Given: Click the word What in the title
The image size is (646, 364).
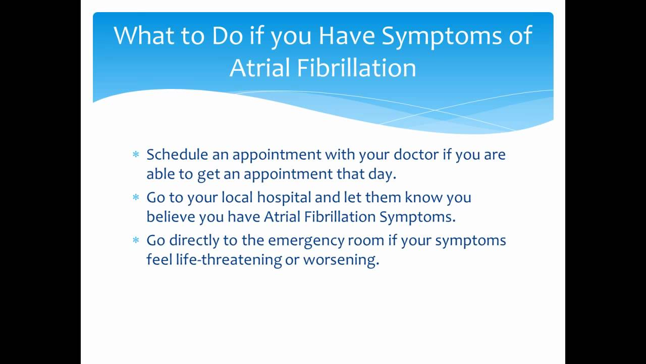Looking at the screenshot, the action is click(144, 35).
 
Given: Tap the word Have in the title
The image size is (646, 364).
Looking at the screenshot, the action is click(346, 35).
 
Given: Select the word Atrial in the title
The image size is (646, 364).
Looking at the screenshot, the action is click(259, 68).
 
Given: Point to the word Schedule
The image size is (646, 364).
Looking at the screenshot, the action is click(177, 154).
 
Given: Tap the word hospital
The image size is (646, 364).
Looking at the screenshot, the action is click(284, 198).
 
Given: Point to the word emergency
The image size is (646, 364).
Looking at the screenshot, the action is click(306, 241).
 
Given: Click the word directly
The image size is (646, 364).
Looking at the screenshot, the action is click(194, 240).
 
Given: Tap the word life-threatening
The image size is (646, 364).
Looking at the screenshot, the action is click(229, 259).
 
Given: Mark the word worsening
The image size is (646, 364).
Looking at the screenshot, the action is click(341, 260).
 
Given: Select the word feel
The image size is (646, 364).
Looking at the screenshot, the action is click(159, 259).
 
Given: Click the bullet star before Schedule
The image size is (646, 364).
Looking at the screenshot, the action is click(136, 154).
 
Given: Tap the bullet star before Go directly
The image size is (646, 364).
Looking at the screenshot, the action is click(136, 240).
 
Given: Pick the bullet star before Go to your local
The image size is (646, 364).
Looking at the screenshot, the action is click(136, 197).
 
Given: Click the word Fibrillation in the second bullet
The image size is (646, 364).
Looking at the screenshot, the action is click(340, 216).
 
